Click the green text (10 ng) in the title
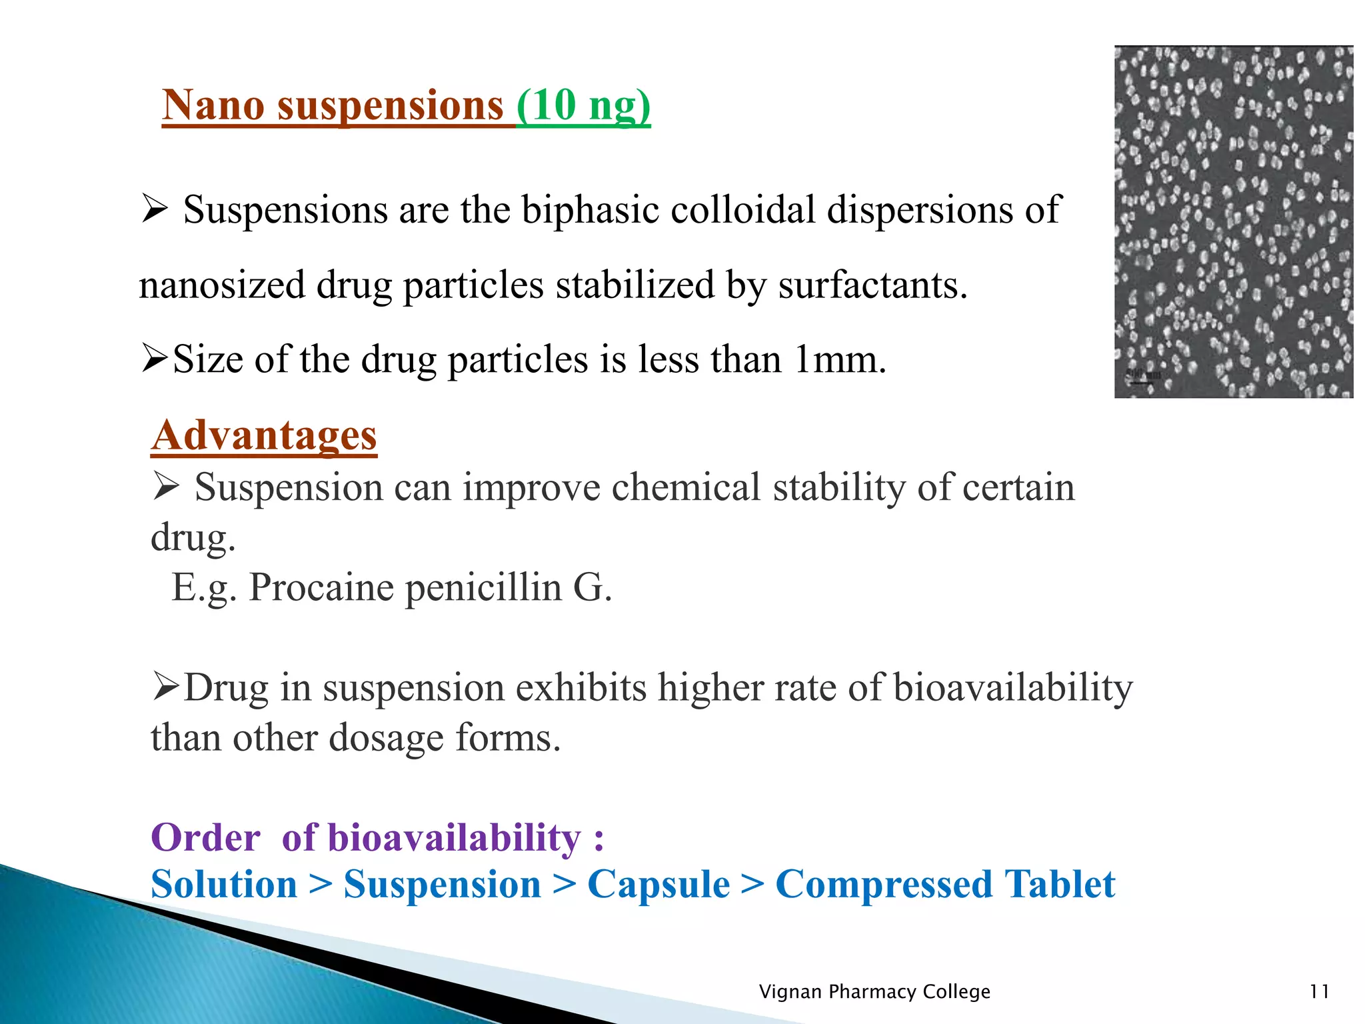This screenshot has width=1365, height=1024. coord(583,105)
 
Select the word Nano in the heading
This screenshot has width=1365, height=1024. coord(213,105)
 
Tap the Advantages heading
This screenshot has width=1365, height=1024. coord(264,436)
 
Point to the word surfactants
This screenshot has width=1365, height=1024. coord(872,285)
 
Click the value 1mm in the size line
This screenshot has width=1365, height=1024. coord(840,360)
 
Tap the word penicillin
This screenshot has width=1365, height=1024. coord(483,588)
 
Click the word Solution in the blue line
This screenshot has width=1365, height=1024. coord(224,885)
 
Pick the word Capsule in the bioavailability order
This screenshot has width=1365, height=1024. coord(659,885)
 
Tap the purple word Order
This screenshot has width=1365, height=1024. coord(205,837)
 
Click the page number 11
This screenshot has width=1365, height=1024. coord(1319,992)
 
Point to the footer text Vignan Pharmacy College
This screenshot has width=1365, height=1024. coord(874,992)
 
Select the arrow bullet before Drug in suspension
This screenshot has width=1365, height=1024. coord(166,687)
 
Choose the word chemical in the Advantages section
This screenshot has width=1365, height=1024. coord(686,487)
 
